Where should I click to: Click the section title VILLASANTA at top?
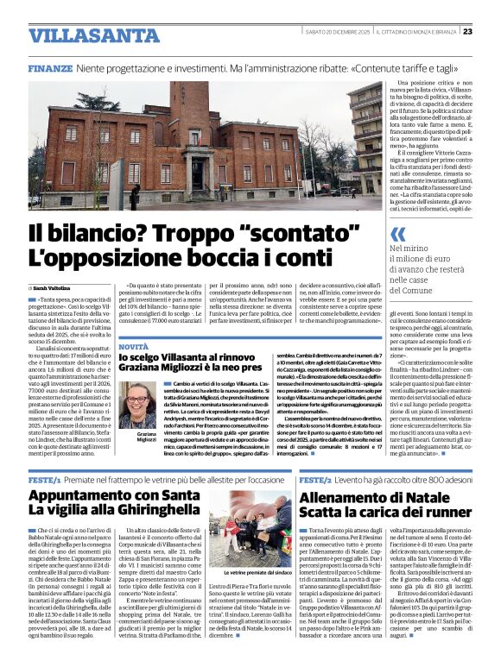click(81, 35)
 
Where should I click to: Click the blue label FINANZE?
click(49, 67)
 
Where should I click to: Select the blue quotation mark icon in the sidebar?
click(397, 235)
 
